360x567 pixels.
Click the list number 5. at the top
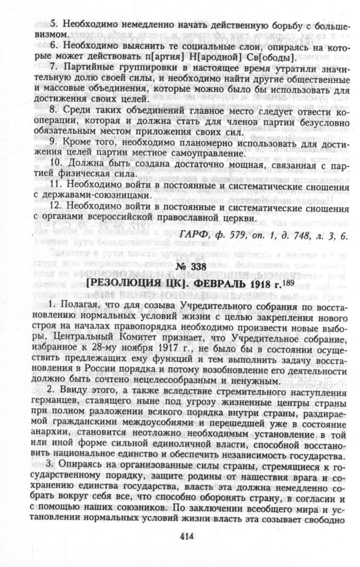[54, 24]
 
